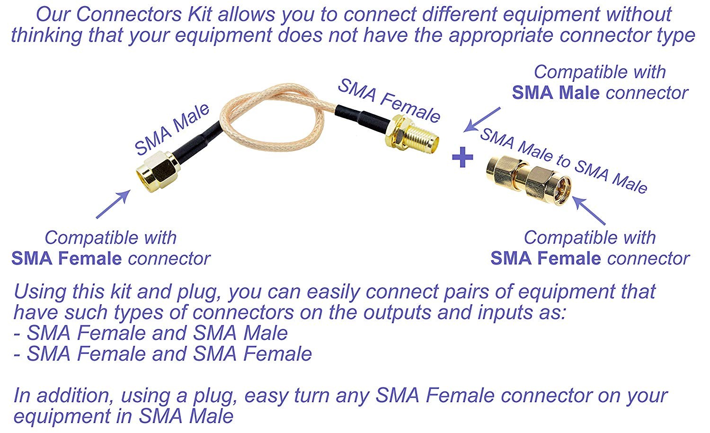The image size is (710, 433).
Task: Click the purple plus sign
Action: (462, 158)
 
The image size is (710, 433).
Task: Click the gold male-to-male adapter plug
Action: (528, 180)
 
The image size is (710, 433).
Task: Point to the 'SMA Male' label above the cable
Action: (172, 129)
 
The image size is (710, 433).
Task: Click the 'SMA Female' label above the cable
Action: (389, 100)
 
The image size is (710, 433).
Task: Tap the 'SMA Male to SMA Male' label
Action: (563, 161)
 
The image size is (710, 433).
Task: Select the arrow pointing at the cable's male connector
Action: (113, 204)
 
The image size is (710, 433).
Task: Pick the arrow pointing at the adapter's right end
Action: (589, 211)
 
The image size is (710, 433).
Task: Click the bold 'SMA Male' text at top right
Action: (555, 93)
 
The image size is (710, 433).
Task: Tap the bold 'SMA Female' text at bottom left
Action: (67, 258)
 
